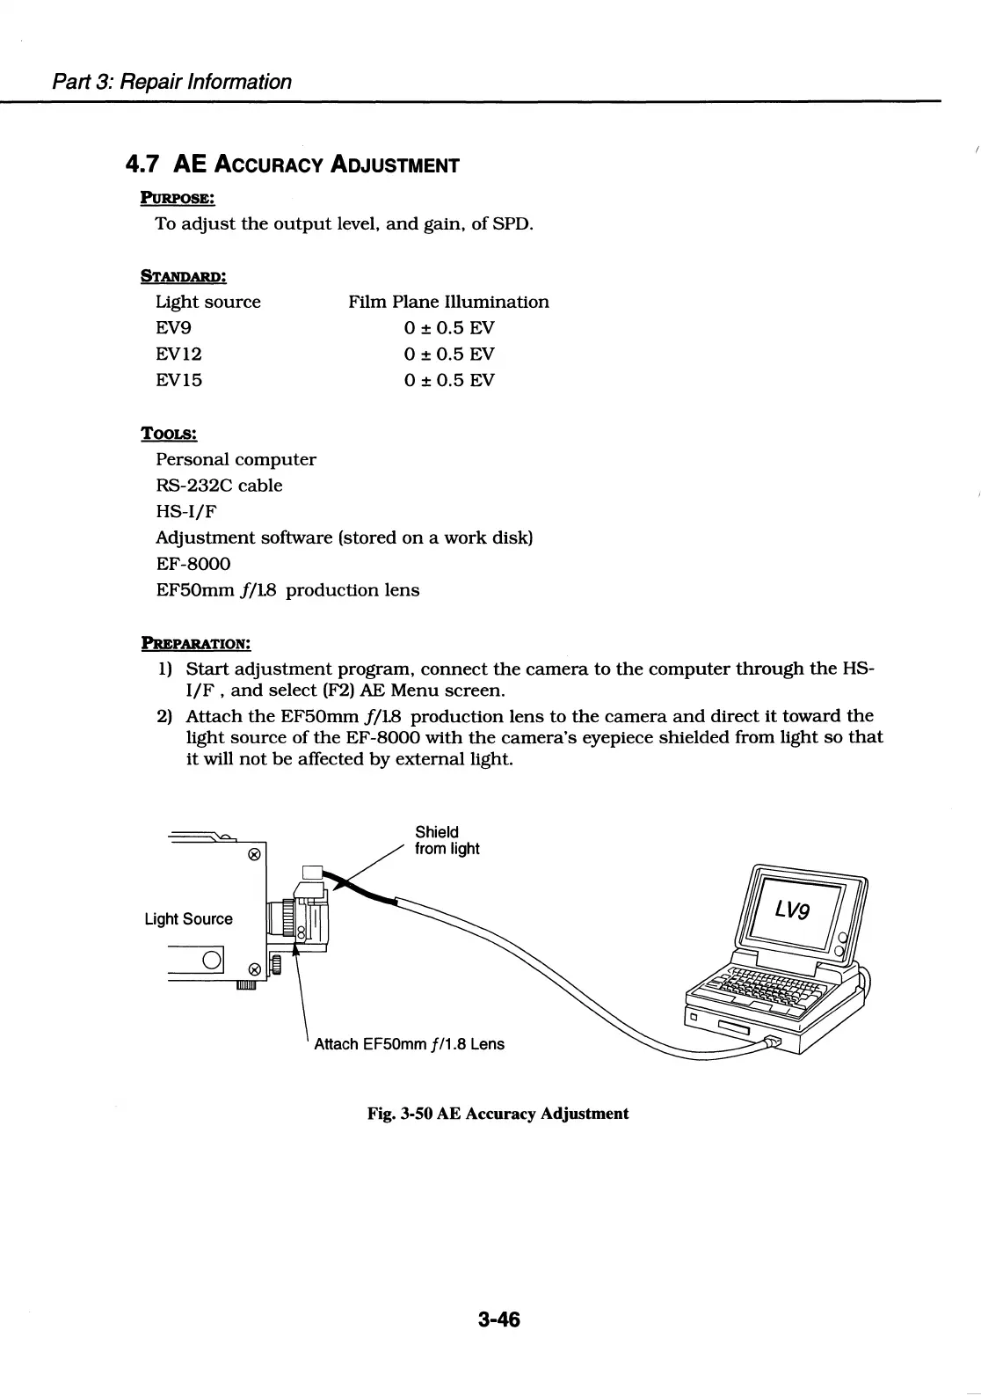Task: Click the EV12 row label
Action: pyautogui.click(x=178, y=354)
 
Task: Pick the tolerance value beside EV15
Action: pyautogui.click(x=449, y=380)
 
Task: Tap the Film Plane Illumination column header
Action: pyautogui.click(x=448, y=302)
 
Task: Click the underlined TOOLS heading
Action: pyautogui.click(x=169, y=434)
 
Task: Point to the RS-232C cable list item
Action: pyautogui.click(x=219, y=486)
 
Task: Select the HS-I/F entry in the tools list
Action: pyautogui.click(x=185, y=511)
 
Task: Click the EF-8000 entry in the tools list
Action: pyautogui.click(x=193, y=564)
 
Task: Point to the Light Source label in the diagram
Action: pyautogui.click(x=188, y=919)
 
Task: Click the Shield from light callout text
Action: pyautogui.click(x=447, y=840)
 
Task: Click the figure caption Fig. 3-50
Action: pyautogui.click(x=498, y=1114)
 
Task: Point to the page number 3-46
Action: pyautogui.click(x=499, y=1319)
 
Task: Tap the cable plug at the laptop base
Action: pyautogui.click(x=771, y=1042)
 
